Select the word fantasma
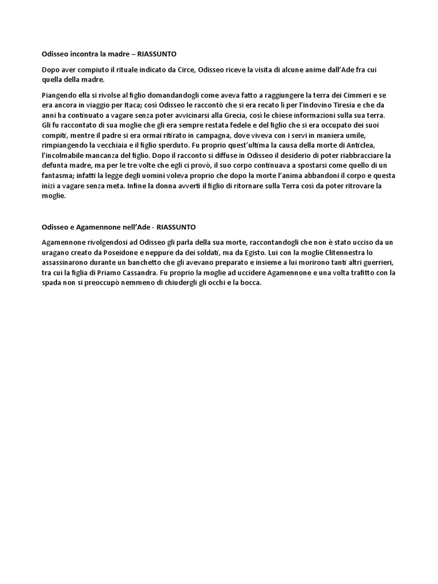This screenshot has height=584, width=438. click(x=59, y=176)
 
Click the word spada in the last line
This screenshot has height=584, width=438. click(x=52, y=283)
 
